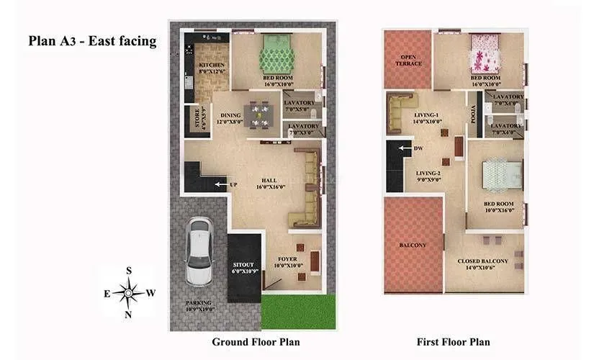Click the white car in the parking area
click(x=198, y=250)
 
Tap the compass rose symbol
click(x=128, y=292)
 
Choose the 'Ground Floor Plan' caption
click(x=256, y=341)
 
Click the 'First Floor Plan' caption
click(x=454, y=341)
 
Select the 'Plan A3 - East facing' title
click(x=92, y=41)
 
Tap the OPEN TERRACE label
click(x=408, y=60)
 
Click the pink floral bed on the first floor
click(x=480, y=54)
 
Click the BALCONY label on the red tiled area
click(x=413, y=246)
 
